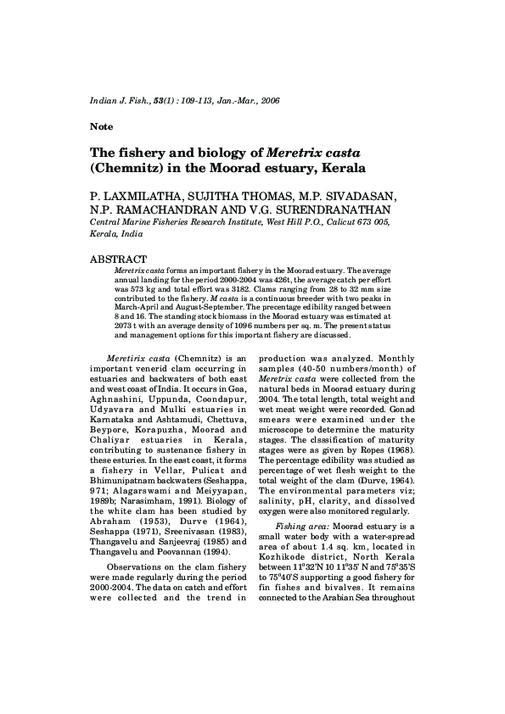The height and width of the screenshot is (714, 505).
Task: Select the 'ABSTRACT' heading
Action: (x=118, y=259)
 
